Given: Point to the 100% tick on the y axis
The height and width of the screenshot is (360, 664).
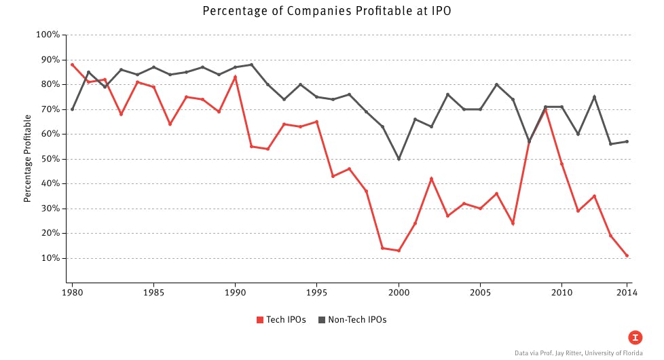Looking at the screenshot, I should coord(48,35).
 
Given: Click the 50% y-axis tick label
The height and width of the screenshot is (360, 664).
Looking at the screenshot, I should coord(50,159).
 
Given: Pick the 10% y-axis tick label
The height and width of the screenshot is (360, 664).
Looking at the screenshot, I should coord(50,258).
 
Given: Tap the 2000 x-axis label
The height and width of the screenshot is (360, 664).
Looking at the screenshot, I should coord(399,293).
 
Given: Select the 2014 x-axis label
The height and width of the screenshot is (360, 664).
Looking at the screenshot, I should coord(627,293).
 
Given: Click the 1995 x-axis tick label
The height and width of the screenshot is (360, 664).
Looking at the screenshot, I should coord(316,293).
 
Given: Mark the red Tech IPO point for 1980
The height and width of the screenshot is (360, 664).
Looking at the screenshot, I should coord(72,65).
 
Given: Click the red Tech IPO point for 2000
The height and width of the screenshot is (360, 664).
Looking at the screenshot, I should coord(399,251).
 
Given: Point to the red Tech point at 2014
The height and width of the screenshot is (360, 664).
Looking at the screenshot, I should coord(627,255).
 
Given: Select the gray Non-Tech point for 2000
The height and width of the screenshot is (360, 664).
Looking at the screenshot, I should coord(399,159).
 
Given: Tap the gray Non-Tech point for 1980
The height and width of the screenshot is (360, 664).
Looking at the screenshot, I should coord(72,109).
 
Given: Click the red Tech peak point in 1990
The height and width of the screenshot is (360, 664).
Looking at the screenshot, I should coord(235,77).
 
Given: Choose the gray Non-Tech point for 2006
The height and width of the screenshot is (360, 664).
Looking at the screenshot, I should coord(496,84).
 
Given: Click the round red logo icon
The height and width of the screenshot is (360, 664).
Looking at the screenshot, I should coord(635,337).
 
